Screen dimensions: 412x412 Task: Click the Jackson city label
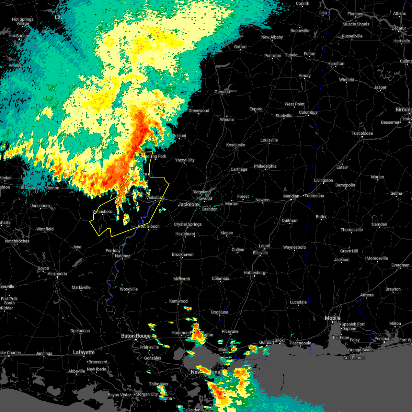(187, 204)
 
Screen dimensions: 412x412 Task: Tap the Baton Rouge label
(136, 336)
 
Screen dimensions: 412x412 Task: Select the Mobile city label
(332, 318)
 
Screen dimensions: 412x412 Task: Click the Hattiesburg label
(254, 273)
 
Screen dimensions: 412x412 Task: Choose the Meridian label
(291, 196)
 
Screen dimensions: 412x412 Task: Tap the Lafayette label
(84, 352)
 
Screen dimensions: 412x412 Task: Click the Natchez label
(123, 256)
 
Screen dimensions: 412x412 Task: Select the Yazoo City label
(185, 160)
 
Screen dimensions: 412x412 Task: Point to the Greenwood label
(199, 111)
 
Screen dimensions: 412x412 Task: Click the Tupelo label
(291, 55)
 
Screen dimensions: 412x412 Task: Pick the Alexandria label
(57, 274)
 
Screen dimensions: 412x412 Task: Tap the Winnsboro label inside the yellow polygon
(103, 211)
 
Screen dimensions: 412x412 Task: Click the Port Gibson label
(149, 226)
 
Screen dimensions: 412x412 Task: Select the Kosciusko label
(236, 145)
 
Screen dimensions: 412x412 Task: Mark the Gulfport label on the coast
(266, 342)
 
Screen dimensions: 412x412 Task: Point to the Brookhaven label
(183, 254)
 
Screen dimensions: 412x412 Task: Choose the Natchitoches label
(17, 241)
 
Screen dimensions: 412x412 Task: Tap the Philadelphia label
(265, 166)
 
